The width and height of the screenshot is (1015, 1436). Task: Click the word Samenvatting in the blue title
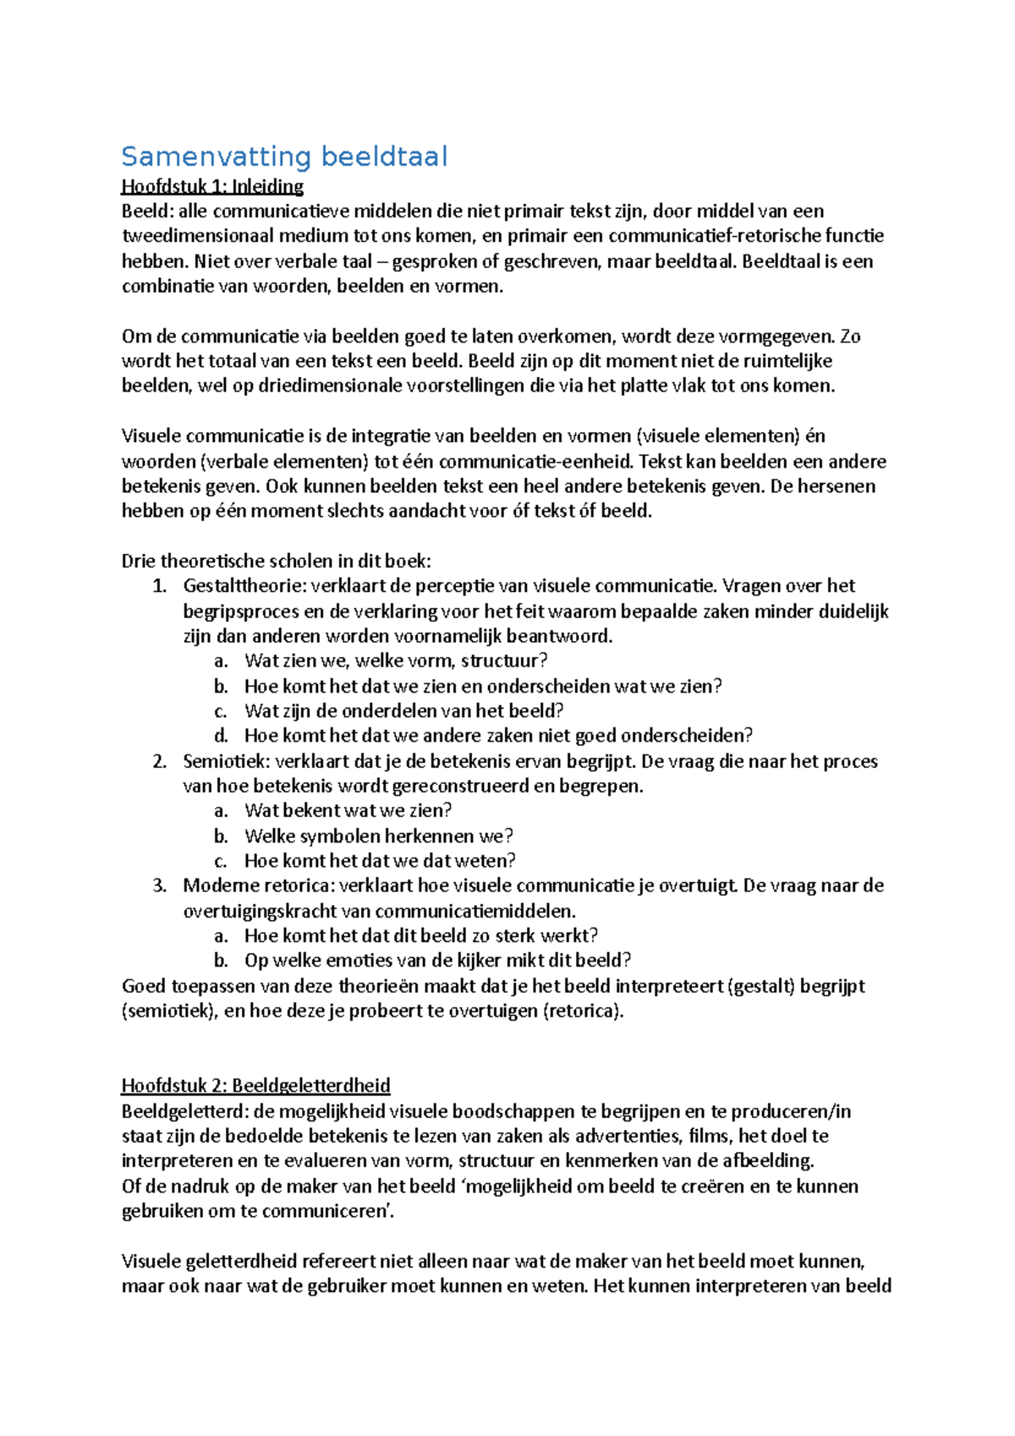coord(217,156)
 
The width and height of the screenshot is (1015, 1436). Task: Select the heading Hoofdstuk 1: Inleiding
coord(212,186)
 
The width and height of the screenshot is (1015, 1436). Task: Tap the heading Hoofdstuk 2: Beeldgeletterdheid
coord(255,1086)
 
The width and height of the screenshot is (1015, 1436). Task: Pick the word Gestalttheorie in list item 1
coord(243,586)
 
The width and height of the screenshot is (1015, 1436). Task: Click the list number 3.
coord(159,886)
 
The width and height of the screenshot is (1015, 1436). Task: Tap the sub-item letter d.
coord(221,736)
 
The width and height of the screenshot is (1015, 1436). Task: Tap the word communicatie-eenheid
coord(535,462)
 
